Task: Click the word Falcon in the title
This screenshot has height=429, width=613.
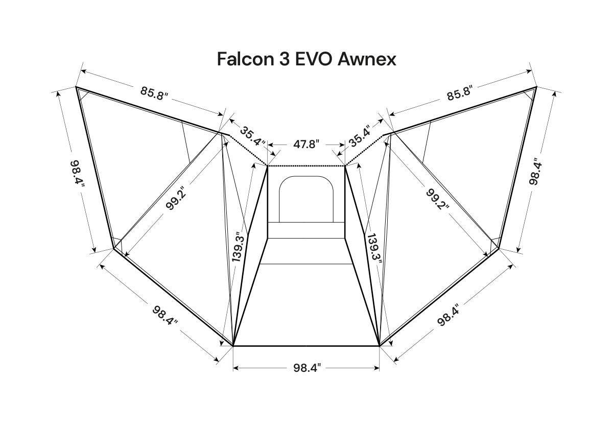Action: [x=246, y=59]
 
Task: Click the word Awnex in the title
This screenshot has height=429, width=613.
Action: [x=367, y=59]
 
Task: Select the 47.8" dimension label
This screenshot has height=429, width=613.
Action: [x=306, y=144]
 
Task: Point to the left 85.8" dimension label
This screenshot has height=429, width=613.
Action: [x=154, y=93]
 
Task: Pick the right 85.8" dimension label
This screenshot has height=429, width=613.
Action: [x=460, y=93]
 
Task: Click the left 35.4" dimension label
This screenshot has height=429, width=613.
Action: [x=252, y=136]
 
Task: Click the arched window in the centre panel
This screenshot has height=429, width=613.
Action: [x=306, y=199]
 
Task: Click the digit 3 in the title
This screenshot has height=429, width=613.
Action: [x=285, y=59]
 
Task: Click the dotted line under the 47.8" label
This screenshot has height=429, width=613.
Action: [x=306, y=165]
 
